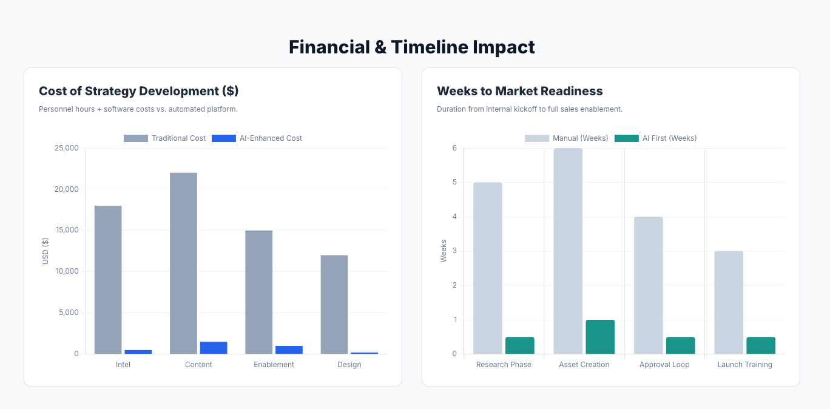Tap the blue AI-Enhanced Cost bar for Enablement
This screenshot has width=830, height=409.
point(289,350)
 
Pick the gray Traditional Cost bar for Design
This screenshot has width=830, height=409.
point(334,304)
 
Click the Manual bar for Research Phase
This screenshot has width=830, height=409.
point(488,268)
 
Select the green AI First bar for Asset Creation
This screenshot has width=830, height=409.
point(600,337)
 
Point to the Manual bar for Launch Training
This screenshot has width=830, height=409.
point(729,302)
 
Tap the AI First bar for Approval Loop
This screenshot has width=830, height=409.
point(681,345)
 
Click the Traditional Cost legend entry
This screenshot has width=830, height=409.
point(164,138)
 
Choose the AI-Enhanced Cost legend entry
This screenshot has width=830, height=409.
point(257,138)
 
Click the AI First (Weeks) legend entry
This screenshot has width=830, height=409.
point(655,138)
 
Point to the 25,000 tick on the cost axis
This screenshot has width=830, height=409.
point(67,148)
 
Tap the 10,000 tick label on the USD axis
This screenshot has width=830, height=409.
point(67,271)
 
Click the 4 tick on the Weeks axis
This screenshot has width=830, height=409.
point(454,217)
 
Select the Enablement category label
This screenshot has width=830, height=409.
point(274,365)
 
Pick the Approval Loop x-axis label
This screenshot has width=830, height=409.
point(664,365)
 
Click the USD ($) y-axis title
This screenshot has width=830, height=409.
point(46,251)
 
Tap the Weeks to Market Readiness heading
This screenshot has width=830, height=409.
point(519,91)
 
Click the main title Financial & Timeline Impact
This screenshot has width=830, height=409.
point(411,47)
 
